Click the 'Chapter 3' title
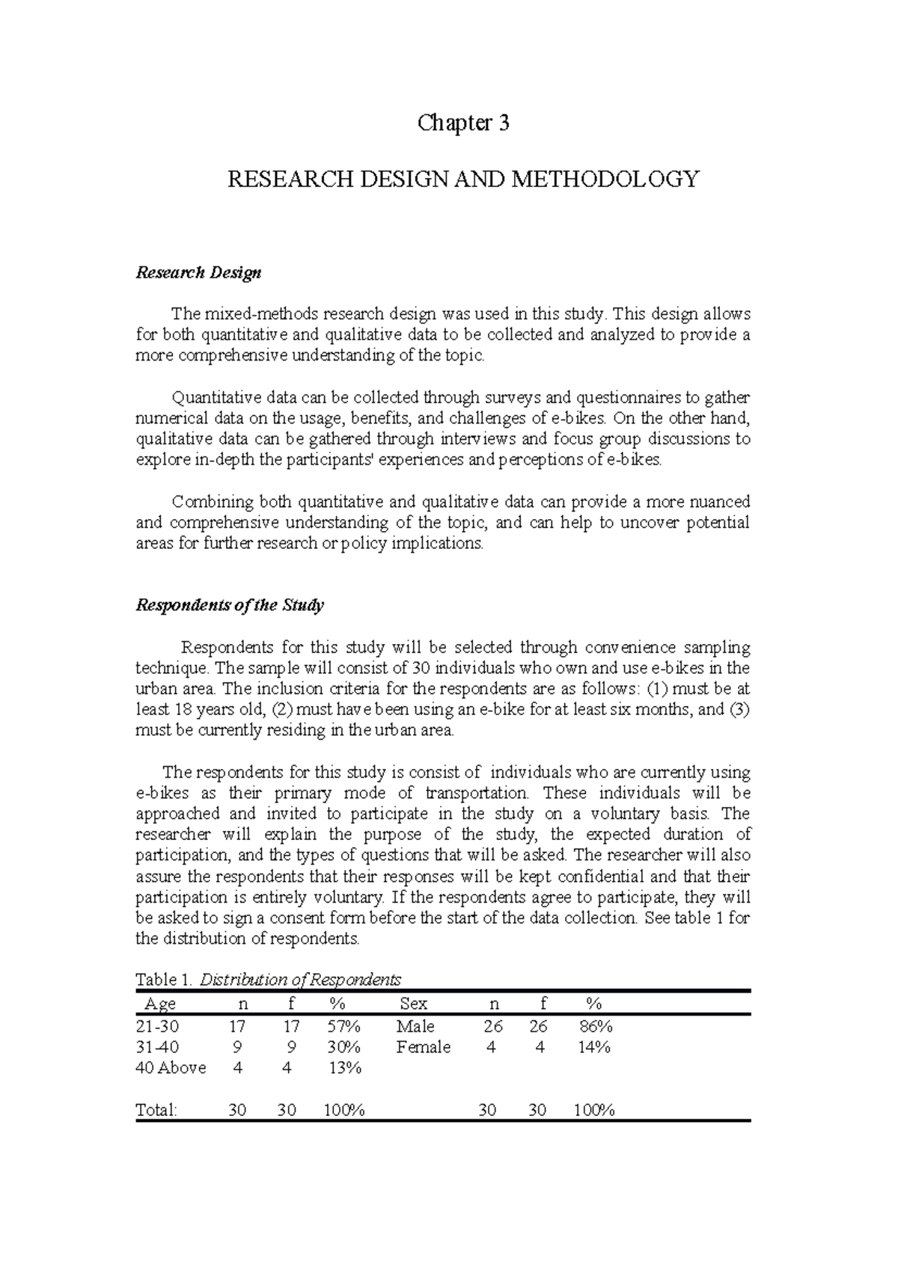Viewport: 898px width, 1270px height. (x=463, y=123)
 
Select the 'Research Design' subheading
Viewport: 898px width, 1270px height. (x=198, y=272)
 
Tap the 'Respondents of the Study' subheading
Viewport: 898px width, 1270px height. (x=229, y=605)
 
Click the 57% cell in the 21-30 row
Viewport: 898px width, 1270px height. (x=343, y=1026)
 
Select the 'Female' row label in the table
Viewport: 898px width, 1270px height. (x=423, y=1047)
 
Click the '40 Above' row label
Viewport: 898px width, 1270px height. (x=171, y=1068)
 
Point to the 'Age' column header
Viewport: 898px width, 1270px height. (x=159, y=1004)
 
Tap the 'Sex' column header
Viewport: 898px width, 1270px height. (x=413, y=1004)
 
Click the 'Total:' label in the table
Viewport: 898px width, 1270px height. (x=156, y=1110)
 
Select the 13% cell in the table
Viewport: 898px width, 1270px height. (x=345, y=1068)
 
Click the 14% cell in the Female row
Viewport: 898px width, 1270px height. (x=594, y=1047)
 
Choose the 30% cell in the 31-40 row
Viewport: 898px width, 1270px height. (x=343, y=1047)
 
